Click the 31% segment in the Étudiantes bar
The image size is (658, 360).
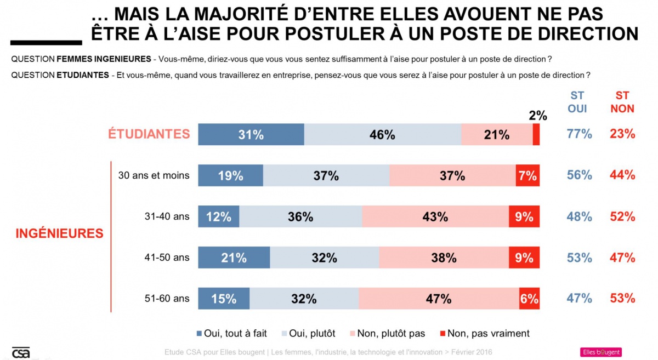click(x=251, y=134)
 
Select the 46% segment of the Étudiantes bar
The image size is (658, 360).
click(x=382, y=134)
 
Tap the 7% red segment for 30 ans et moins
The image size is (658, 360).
click(x=527, y=175)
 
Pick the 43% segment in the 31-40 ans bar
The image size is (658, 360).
click(x=435, y=216)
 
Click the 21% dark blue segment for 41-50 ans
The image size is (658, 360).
click(x=234, y=258)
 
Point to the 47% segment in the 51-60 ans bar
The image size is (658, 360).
click(x=439, y=299)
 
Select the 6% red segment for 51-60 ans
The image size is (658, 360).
click(x=529, y=299)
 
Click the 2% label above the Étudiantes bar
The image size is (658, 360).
click(x=538, y=116)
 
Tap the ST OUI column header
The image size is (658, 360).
click(x=577, y=102)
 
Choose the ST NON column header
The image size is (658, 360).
click(x=622, y=102)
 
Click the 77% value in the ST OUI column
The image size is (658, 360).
click(x=579, y=134)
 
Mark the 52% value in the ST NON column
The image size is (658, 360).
click(x=622, y=216)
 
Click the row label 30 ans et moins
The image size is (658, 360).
click(x=154, y=175)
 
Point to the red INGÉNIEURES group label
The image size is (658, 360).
click(x=59, y=233)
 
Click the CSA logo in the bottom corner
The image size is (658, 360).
click(x=21, y=353)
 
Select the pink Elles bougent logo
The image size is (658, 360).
click(x=600, y=352)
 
